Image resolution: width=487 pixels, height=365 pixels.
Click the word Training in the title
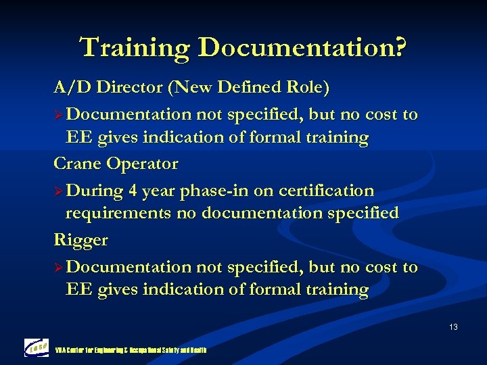(136, 48)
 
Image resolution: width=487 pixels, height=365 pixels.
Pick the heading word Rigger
(80, 239)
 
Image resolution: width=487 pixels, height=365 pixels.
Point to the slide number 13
(453, 327)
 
